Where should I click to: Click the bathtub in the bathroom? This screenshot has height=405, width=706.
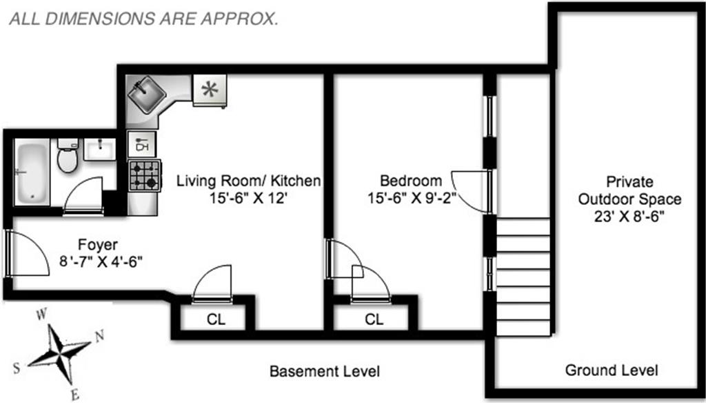click(32, 171)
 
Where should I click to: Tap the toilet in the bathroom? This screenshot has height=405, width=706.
click(67, 155)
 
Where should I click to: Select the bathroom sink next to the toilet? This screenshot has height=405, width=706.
click(99, 149)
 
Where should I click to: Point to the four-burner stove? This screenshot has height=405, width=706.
click(145, 176)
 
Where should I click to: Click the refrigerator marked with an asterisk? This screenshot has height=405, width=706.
click(210, 90)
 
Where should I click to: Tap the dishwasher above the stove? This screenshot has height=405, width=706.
click(142, 144)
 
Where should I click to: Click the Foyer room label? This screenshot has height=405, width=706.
click(98, 245)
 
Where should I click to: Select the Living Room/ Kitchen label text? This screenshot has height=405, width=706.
click(248, 181)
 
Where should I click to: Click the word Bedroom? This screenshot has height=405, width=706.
click(411, 181)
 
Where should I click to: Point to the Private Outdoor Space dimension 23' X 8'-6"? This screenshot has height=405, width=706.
click(629, 217)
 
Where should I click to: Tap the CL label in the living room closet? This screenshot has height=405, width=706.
click(216, 319)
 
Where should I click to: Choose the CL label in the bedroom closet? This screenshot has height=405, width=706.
click(374, 319)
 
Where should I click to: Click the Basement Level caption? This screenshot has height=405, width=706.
click(325, 371)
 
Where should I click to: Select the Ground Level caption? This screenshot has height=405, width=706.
click(612, 371)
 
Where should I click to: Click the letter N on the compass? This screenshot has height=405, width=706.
click(99, 335)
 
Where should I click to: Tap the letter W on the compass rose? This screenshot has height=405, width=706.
click(41, 314)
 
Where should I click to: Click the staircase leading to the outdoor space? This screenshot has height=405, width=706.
click(523, 277)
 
